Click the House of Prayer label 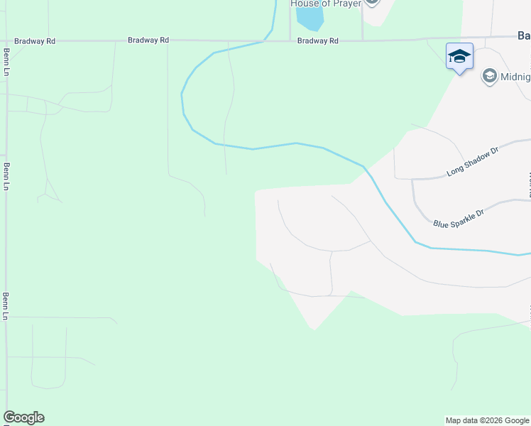pyautogui.click(x=326, y=4)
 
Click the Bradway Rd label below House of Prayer pyautogui.click(x=317, y=41)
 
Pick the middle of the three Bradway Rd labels pyautogui.click(x=148, y=40)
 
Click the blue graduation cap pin pyautogui.click(x=459, y=57)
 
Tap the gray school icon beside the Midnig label pyautogui.click(x=488, y=76)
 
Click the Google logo pyautogui.click(x=23, y=417)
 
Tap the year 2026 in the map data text pyautogui.click(x=490, y=420)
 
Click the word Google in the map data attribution pyautogui.click(x=516, y=420)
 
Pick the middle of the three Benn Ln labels pyautogui.click(x=7, y=176)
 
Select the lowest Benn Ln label pyautogui.click(x=7, y=305)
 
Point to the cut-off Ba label pyautogui.click(x=523, y=35)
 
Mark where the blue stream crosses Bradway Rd pyautogui.click(x=264, y=40)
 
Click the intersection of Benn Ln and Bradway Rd pyautogui.click(x=7, y=41)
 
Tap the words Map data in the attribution pyautogui.click(x=461, y=420)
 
